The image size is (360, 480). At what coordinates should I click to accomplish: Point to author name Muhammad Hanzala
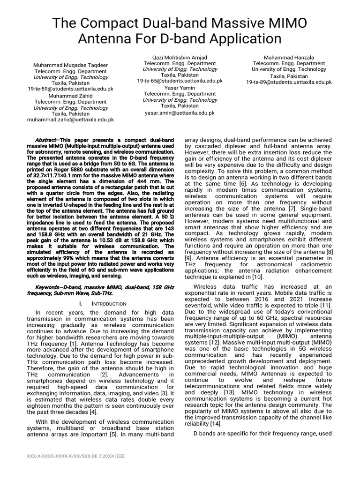[x=289, y=57]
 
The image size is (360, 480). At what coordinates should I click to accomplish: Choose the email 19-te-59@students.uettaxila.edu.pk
[x=70, y=89]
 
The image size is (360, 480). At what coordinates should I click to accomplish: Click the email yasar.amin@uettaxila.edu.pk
[x=180, y=112]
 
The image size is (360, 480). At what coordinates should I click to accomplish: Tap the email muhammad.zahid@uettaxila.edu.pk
[x=70, y=120]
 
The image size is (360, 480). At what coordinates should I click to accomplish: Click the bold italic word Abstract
[x=46, y=140]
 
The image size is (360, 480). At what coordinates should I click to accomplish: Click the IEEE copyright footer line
[x=75, y=455]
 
